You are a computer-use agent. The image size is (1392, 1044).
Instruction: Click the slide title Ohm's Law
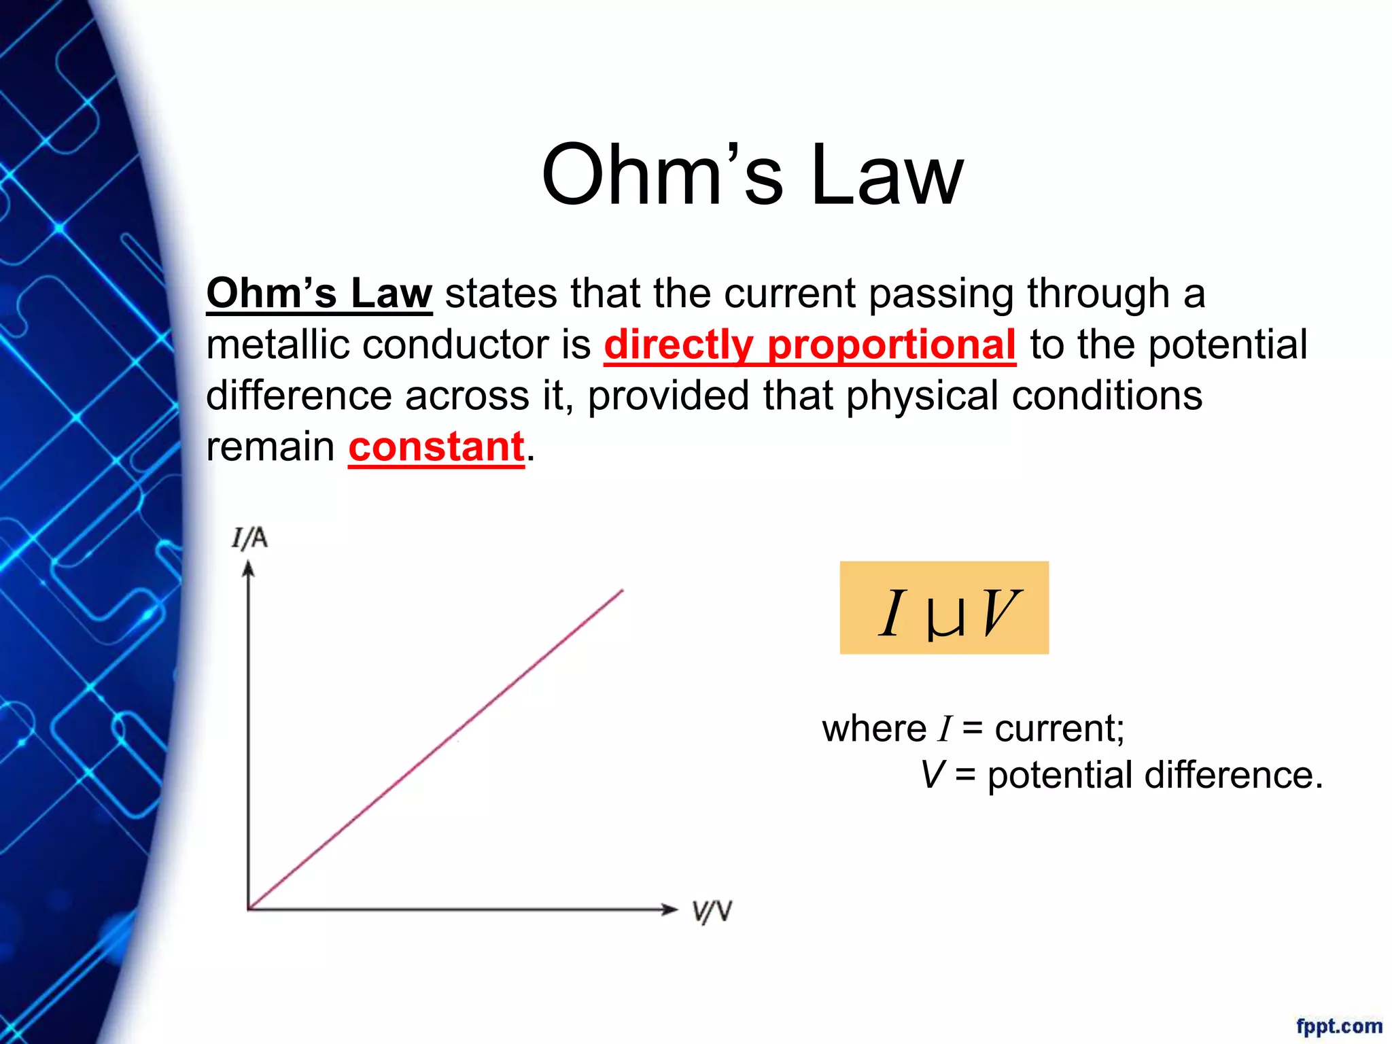752,175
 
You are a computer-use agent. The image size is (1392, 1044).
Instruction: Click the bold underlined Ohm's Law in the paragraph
319,294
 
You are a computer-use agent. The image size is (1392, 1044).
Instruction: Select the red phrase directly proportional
810,345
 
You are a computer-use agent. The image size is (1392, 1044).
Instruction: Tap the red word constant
436,447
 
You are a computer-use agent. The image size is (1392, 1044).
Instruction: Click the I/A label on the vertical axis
249,538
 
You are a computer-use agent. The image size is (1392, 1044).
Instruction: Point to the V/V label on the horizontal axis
712,911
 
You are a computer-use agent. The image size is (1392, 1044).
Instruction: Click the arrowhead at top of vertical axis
249,568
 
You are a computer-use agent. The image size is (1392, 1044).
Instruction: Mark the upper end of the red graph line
622,591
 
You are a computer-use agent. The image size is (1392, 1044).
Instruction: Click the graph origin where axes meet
249,909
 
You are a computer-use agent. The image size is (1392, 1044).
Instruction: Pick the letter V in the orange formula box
997,613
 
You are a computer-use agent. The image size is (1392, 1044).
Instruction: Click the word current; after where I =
1059,729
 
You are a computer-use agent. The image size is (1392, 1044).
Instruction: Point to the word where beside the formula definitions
873,729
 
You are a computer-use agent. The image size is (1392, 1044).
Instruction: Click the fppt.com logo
1338,1026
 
